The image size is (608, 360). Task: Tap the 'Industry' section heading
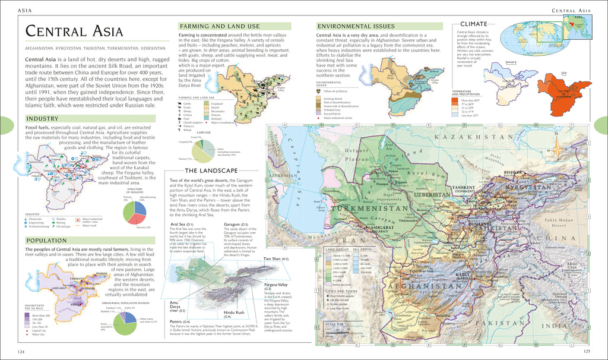pos(42,118)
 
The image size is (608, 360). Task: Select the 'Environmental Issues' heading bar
pos(355,26)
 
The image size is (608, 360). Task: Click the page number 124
pos(21,352)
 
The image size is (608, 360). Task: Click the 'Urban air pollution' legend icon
pos(319,91)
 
